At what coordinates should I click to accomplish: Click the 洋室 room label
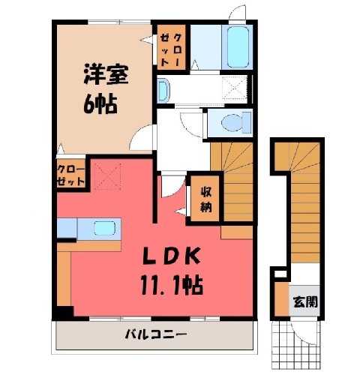pos(106,74)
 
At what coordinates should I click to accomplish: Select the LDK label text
pos(172,256)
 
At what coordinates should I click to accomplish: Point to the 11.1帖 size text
pos(172,284)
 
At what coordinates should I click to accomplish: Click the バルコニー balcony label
pos(156,334)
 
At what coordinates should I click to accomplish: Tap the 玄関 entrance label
pos(305,301)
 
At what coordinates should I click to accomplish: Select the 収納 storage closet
pos(205,199)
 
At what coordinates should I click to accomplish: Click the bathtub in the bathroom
pos(238,46)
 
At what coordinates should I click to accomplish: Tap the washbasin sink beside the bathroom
pos(163,90)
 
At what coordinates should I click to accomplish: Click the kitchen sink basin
pos(104,228)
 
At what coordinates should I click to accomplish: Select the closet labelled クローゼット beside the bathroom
pos(171,47)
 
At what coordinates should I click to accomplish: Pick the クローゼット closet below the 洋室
pos(71,175)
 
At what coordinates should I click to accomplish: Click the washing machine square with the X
pos(235,88)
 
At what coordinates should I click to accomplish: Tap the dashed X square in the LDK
pos(108,176)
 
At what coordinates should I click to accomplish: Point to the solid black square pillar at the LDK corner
pos(64,313)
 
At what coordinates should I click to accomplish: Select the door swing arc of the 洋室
pos(141,137)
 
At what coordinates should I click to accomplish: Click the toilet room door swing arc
pos(191,124)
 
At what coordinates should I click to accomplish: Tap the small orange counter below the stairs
pos(236,232)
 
